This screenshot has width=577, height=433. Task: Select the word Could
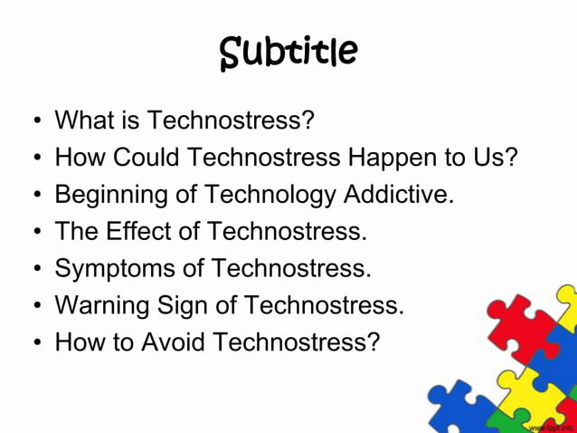coord(146,157)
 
